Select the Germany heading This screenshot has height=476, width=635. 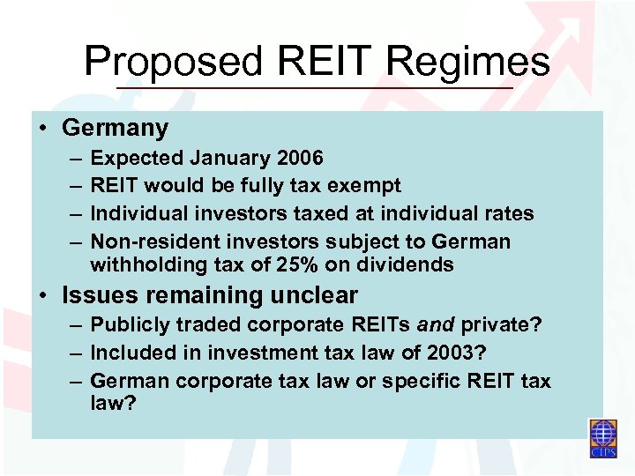tap(115, 128)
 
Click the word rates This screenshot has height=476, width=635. tap(504, 213)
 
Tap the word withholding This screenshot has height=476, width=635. tap(146, 264)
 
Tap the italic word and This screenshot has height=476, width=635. tap(435, 325)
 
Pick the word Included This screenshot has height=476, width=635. tap(131, 353)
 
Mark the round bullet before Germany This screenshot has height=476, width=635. tap(43, 129)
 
